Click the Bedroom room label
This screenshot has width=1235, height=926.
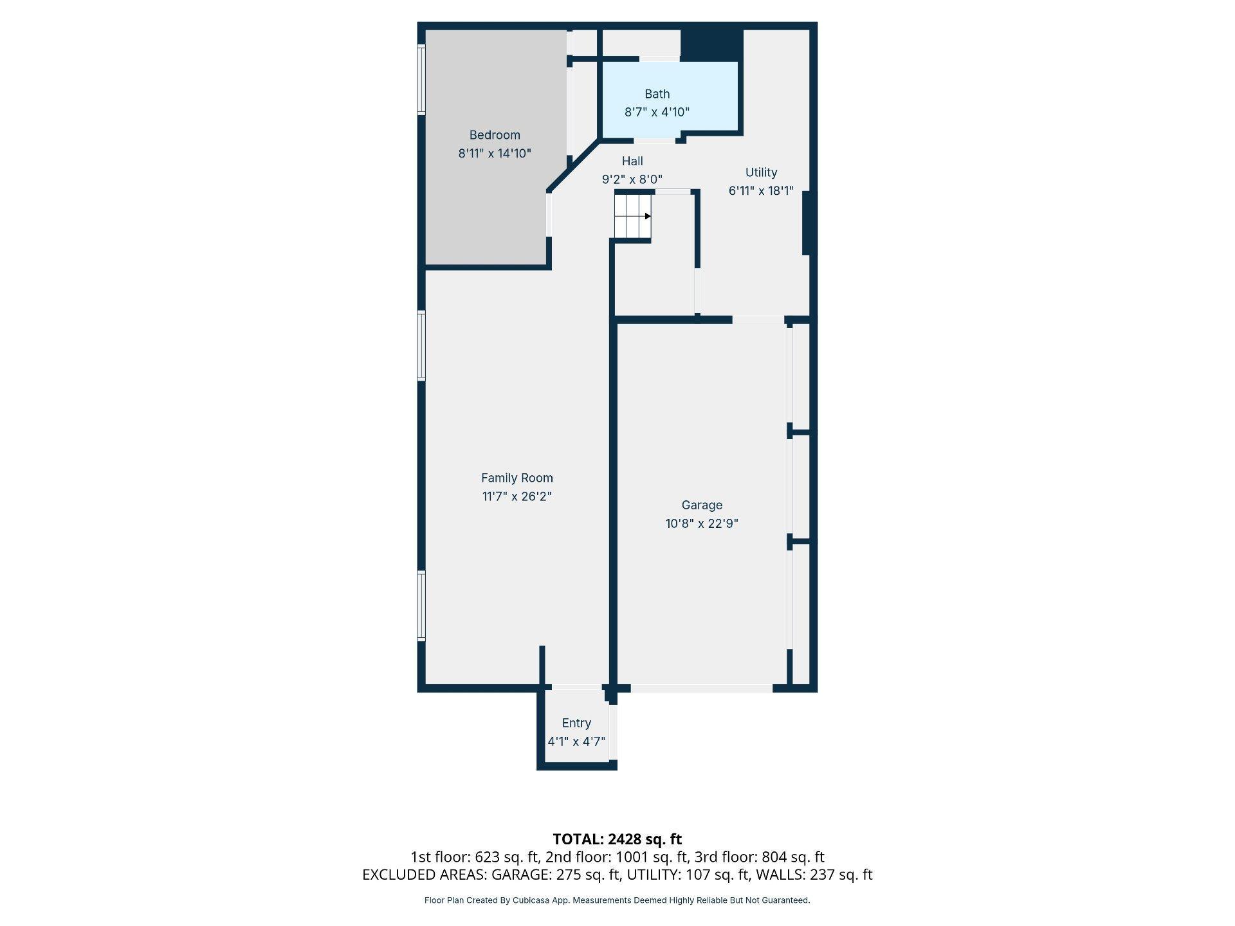tap(495, 135)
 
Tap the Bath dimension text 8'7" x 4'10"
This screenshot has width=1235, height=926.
tap(657, 112)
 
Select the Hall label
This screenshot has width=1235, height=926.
tap(632, 161)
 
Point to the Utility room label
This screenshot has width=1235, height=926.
tap(761, 172)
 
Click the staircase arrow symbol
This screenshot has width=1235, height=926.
tap(648, 216)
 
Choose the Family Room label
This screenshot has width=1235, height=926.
tap(517, 478)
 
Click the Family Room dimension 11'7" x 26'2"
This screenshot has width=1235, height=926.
tap(517, 496)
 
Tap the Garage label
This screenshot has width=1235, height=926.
tap(702, 505)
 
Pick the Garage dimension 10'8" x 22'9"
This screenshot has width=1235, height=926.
tap(702, 523)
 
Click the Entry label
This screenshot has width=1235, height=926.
tap(576, 723)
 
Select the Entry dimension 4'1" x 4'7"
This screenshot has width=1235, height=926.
tap(576, 741)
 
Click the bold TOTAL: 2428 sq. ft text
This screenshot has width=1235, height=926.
tap(617, 839)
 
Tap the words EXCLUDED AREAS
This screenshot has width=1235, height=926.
tap(424, 875)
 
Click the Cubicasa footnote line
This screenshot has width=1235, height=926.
tap(617, 900)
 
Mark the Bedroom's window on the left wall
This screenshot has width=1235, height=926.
tap(421, 80)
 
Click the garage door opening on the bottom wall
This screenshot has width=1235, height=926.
tap(702, 689)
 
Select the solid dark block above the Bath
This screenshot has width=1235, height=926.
tap(712, 45)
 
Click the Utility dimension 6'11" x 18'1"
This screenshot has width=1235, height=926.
tap(761, 191)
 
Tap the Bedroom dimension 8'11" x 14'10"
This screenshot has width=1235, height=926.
tap(495, 154)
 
